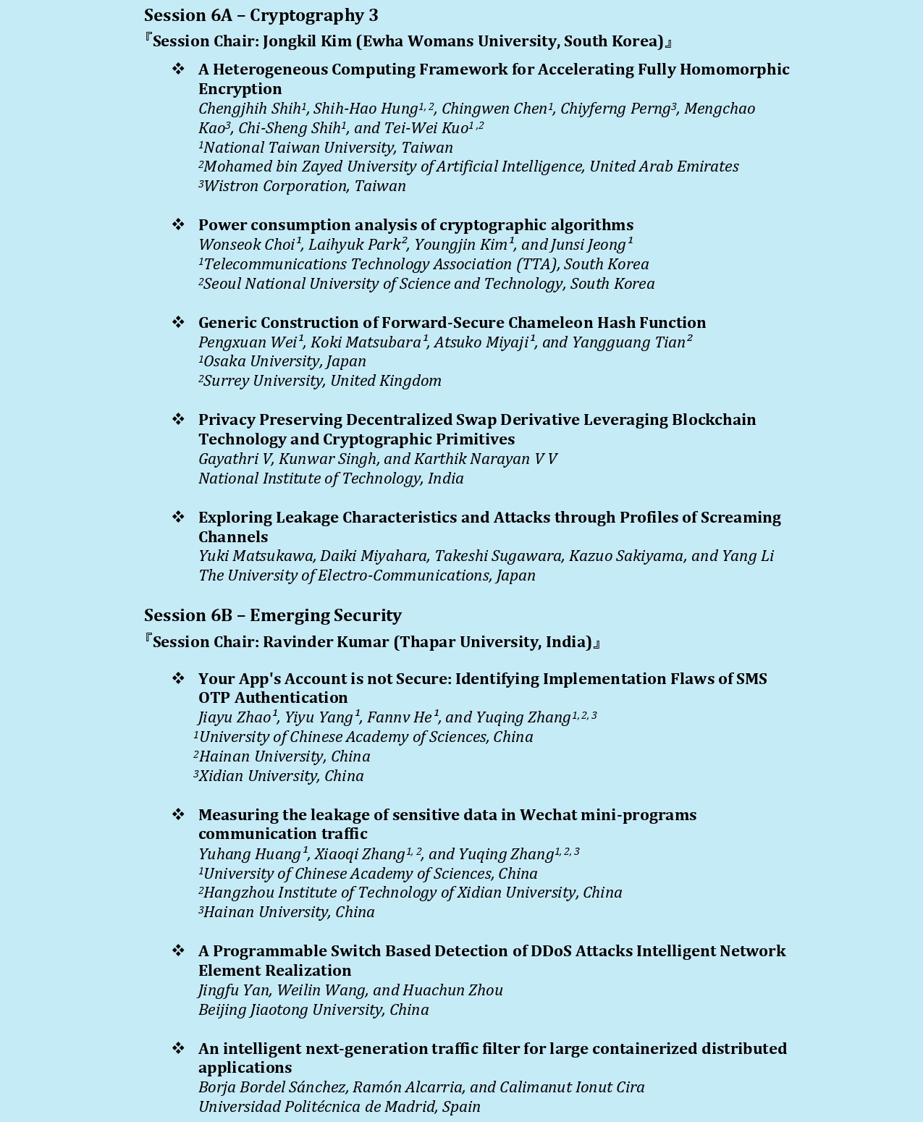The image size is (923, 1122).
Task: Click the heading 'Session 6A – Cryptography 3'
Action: coord(261,15)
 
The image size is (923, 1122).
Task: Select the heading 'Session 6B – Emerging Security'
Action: coord(272,615)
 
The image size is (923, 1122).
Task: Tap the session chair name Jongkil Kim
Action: coord(307,41)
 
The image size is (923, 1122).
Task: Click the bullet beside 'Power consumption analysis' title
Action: coord(178,225)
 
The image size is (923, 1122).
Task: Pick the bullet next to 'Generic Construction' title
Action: coord(178,322)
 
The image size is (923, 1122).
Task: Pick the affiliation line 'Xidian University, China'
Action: coord(281,776)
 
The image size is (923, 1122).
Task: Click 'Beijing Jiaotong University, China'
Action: coord(313,1010)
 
